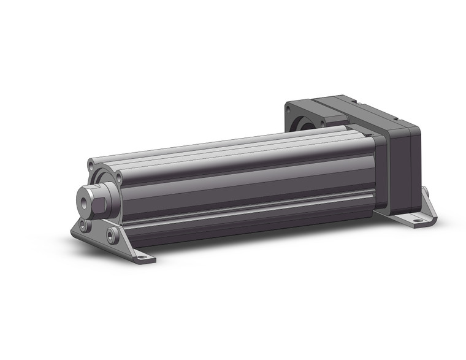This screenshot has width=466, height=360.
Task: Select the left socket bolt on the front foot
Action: point(84,226)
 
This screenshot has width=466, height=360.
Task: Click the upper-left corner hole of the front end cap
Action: point(91,164)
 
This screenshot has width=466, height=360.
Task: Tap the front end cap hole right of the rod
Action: point(118,178)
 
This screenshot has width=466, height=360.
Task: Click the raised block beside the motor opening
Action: point(331,113)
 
